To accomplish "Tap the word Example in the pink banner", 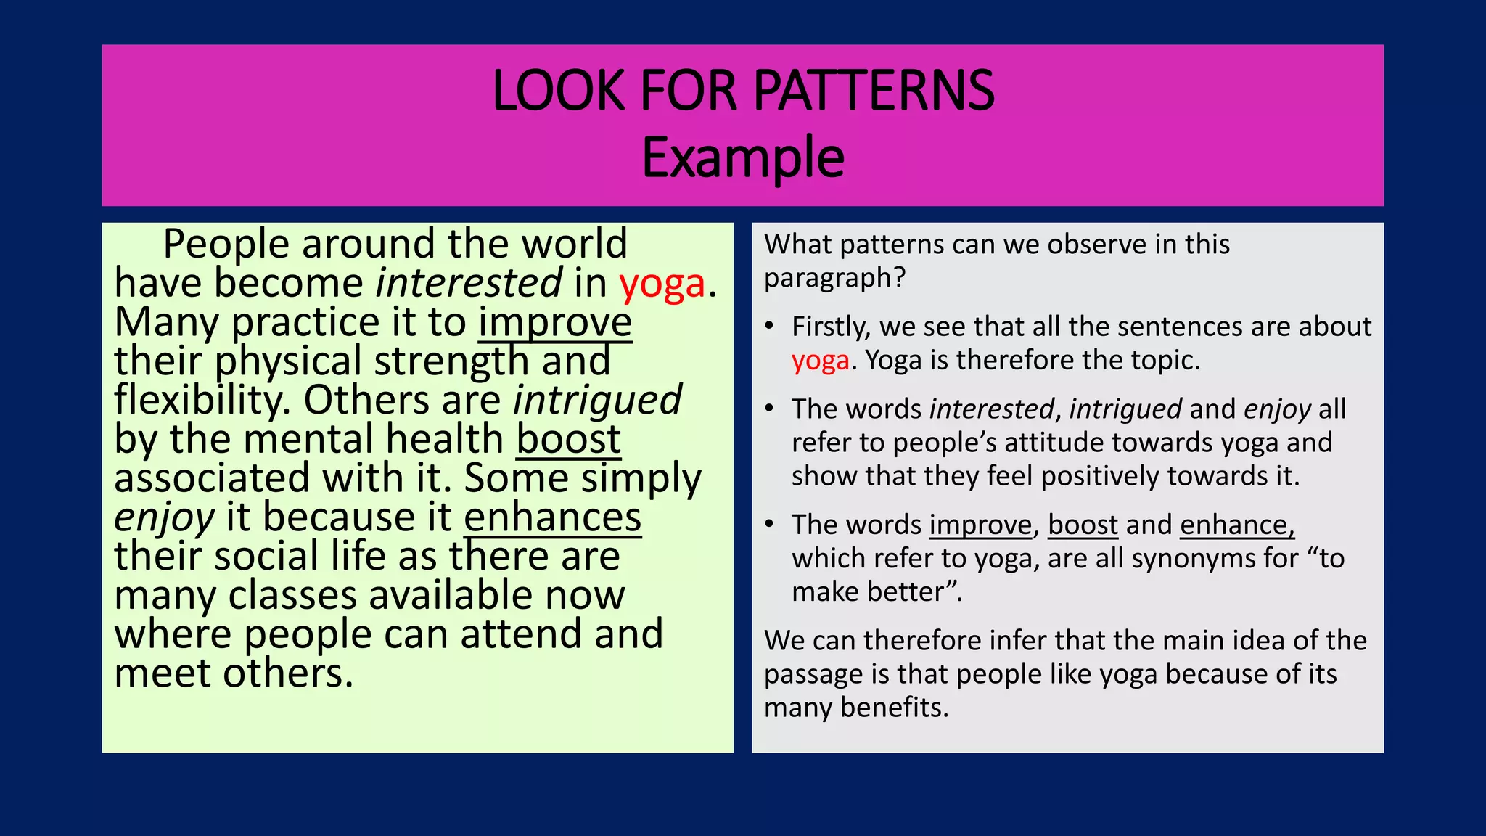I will click(x=743, y=157).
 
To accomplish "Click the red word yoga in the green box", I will click(x=662, y=284).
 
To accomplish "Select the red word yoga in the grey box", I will click(x=820, y=361).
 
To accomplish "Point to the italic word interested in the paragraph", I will click(x=469, y=282).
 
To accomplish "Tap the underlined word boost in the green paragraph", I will click(x=568, y=439).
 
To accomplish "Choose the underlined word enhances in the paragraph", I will click(x=552, y=517).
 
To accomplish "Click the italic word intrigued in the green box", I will click(x=597, y=400).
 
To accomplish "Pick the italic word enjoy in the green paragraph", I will click(x=164, y=517).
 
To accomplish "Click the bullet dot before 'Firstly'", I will click(x=770, y=327).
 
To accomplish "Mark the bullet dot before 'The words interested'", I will click(x=770, y=409).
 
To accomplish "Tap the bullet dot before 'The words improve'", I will click(x=770, y=525).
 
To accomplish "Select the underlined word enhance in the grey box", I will click(x=1236, y=525).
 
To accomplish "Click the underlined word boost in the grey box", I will click(x=1083, y=525).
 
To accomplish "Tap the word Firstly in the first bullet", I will click(x=831, y=327).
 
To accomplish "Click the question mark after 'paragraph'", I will click(x=900, y=278).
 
